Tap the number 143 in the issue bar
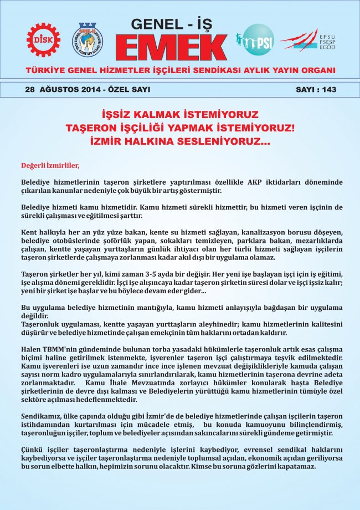pos(328,89)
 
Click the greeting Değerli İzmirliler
pos(50,165)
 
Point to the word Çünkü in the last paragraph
pos(32,450)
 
